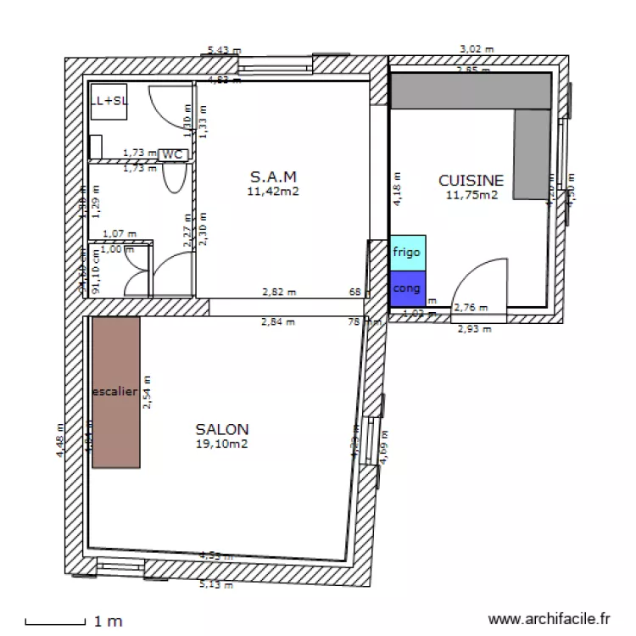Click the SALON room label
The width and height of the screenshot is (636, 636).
pyautogui.click(x=222, y=429)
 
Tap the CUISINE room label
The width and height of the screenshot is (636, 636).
pyautogui.click(x=471, y=180)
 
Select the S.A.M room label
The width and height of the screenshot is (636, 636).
pyautogui.click(x=273, y=177)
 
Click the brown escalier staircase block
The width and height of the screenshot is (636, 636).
pyautogui.click(x=115, y=393)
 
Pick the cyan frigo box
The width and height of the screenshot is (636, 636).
pyautogui.click(x=407, y=253)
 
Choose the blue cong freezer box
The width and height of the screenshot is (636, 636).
pyautogui.click(x=407, y=287)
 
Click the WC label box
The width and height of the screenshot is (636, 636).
pyautogui.click(x=172, y=154)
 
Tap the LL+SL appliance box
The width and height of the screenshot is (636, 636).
pyautogui.click(x=109, y=100)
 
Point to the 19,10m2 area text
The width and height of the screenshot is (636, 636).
pyautogui.click(x=222, y=443)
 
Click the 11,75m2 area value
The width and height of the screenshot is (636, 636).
pyautogui.click(x=471, y=194)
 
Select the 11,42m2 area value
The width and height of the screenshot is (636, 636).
pyautogui.click(x=273, y=192)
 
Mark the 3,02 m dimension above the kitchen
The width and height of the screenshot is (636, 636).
pyautogui.click(x=476, y=50)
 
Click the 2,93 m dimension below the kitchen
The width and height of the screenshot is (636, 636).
pyautogui.click(x=474, y=329)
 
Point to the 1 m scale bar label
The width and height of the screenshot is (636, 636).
pyautogui.click(x=109, y=622)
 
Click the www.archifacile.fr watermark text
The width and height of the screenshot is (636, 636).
pyautogui.click(x=550, y=621)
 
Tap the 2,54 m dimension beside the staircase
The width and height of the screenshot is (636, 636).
pyautogui.click(x=147, y=393)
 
